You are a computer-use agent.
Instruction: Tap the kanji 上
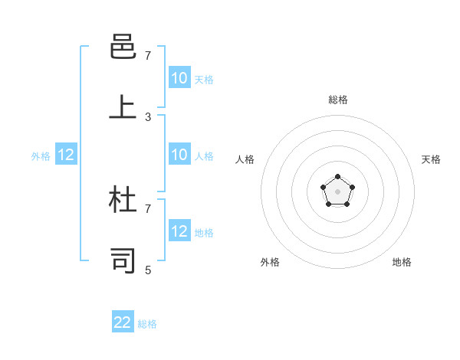click(123, 107)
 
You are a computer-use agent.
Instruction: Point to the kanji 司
click(123, 260)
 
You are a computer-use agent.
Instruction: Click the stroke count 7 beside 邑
click(148, 56)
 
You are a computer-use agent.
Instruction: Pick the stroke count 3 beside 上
click(148, 117)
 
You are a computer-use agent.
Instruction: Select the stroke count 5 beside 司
click(148, 270)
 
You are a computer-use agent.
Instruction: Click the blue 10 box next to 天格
click(179, 78)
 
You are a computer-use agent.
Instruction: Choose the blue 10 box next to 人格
click(179, 155)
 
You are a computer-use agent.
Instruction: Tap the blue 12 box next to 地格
click(179, 231)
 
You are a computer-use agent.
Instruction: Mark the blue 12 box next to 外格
click(66, 155)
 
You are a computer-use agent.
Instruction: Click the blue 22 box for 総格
click(123, 322)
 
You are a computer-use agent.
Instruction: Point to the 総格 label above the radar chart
click(338, 100)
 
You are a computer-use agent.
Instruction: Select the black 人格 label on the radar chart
click(245, 159)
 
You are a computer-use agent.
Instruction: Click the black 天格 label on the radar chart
click(431, 159)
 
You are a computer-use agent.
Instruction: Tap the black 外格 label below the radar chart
click(270, 262)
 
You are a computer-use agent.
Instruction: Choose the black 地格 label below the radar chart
click(402, 262)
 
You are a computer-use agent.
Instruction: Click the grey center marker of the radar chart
click(338, 191)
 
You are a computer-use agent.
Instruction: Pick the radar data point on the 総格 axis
click(338, 177)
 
